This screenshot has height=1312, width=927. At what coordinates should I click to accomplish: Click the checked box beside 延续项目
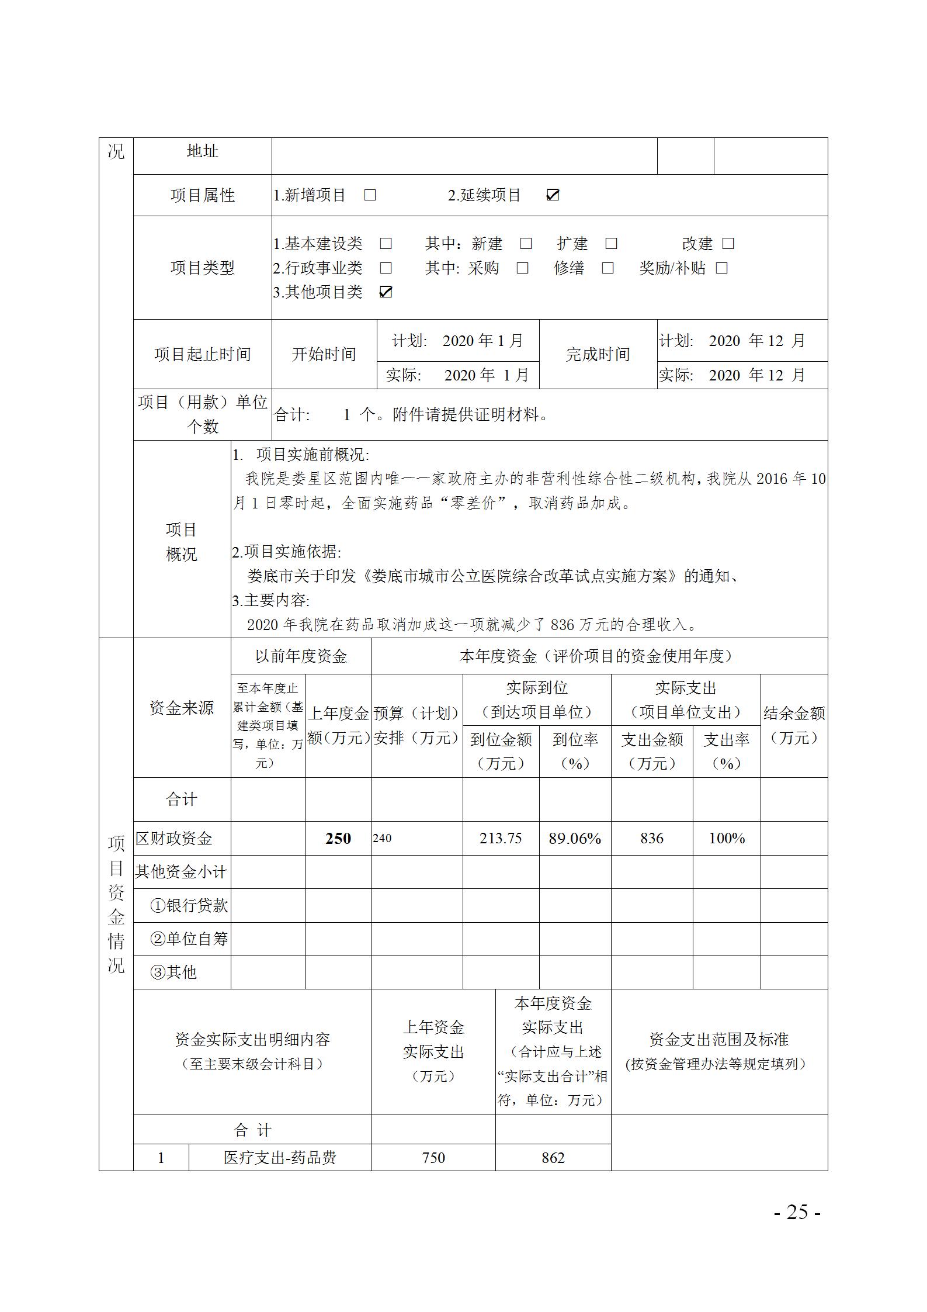552,195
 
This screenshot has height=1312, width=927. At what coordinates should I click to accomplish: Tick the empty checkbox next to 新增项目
370,195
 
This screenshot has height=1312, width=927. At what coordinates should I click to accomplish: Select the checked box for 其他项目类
386,292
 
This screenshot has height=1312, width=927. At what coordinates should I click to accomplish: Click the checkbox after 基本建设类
386,244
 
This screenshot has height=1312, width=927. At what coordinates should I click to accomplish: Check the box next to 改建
728,244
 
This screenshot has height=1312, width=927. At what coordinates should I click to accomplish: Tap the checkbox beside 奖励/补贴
722,268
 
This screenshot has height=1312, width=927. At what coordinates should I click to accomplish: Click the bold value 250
338,839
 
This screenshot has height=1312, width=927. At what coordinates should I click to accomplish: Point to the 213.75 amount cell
501,839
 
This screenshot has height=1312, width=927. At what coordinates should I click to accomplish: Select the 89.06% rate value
575,839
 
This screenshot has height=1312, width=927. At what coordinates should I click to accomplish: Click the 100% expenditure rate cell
727,839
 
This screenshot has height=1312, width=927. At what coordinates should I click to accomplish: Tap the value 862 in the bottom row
553,1158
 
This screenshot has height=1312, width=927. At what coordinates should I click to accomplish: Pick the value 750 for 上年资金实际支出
433,1158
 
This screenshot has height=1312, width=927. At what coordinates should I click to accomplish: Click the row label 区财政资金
174,839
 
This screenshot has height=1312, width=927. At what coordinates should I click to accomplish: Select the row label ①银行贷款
189,906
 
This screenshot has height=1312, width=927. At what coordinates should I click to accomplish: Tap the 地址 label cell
202,151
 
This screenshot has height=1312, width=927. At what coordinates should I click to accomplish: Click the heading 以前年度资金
301,656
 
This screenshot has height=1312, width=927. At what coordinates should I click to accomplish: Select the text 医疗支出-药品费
280,1158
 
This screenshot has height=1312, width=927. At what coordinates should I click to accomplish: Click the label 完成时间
598,354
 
